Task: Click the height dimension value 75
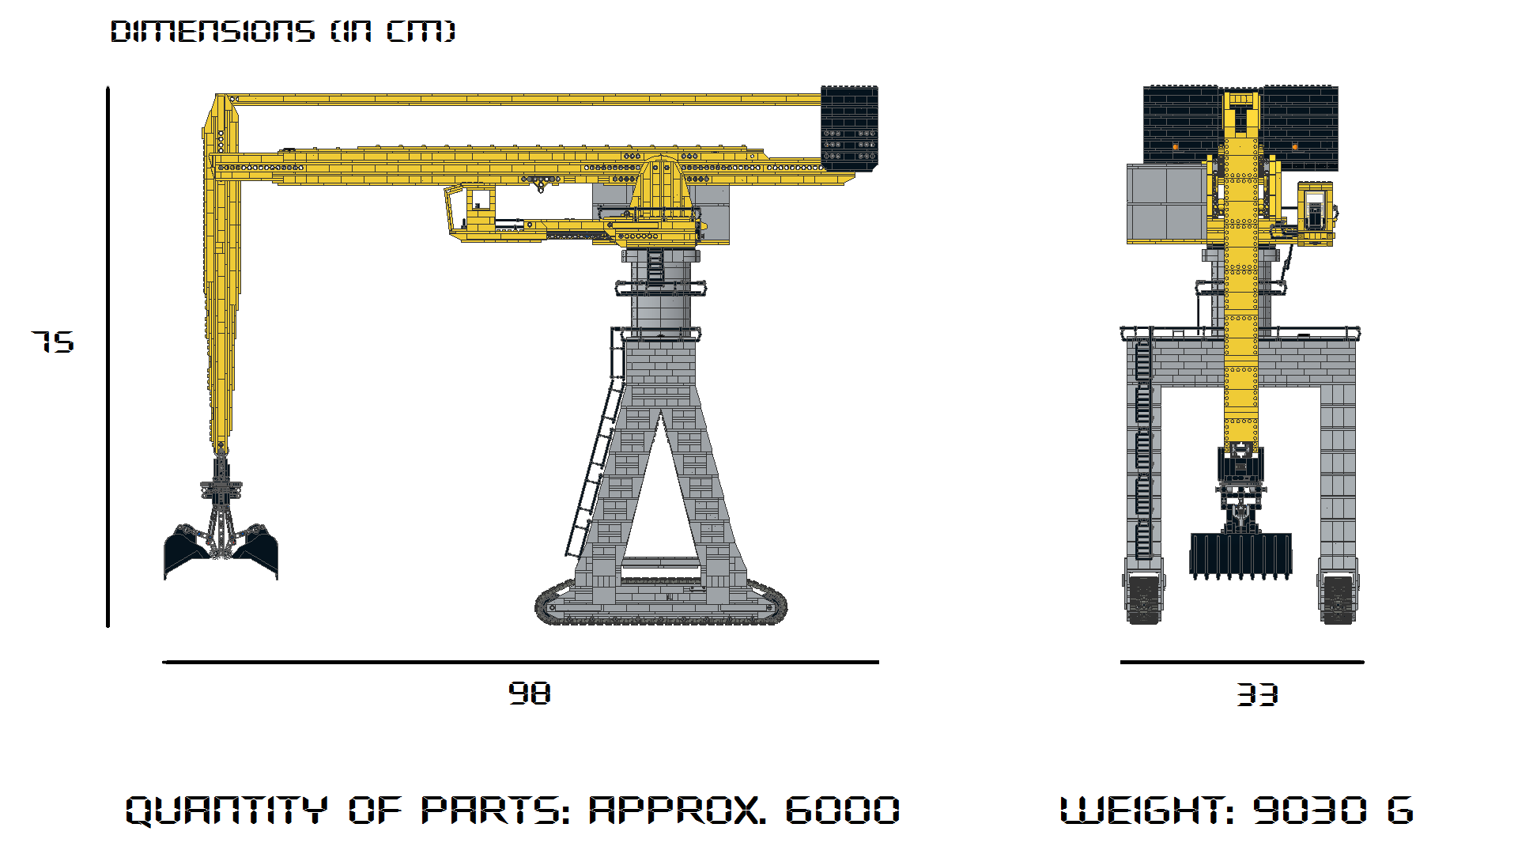pos(53,342)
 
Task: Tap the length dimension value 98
pos(529,693)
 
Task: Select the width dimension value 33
pos(1257,695)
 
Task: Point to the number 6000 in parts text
pos(842,811)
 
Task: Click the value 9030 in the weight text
pos(1309,811)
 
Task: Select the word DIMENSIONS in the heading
pos(212,32)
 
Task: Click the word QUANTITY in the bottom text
pos(226,811)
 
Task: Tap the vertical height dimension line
pos(108,356)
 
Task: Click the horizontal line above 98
pos(520,662)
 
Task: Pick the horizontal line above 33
pos(1241,662)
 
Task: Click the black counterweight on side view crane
pos(849,127)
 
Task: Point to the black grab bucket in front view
pos(1240,554)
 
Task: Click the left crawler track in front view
pos(1144,599)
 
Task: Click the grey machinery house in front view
pos(1166,203)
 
